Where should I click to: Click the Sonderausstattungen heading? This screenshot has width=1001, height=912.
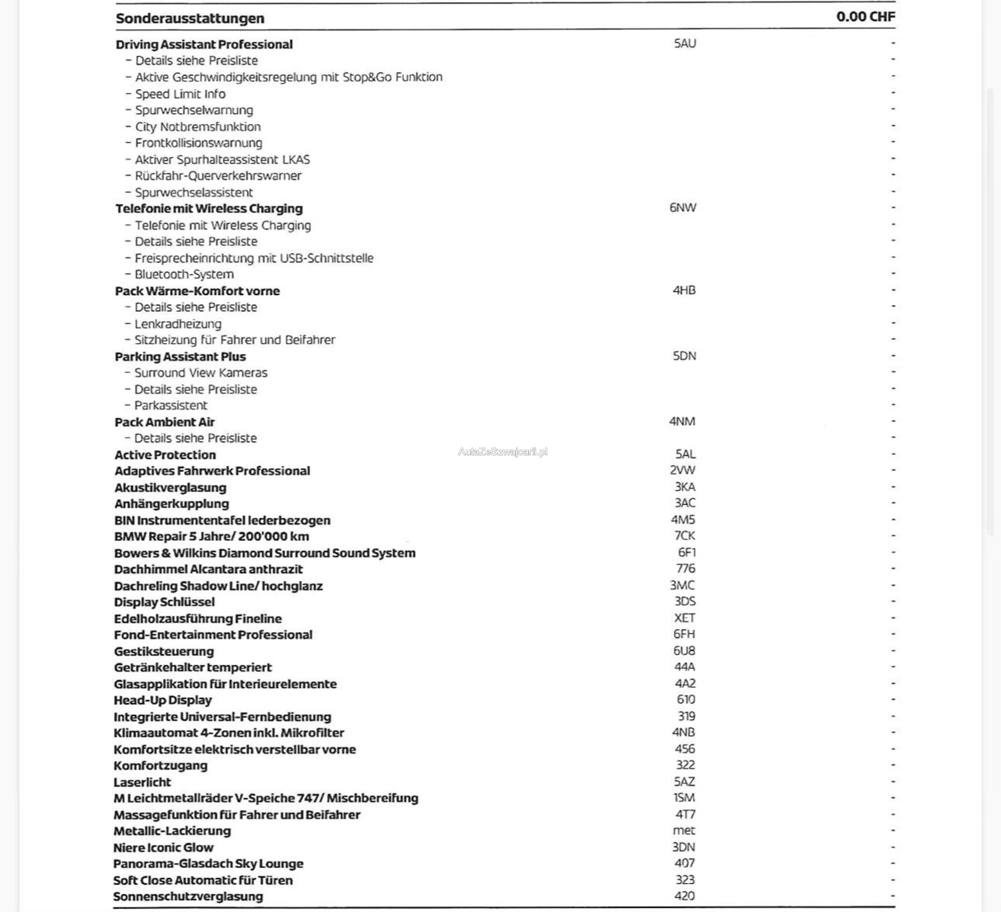190,18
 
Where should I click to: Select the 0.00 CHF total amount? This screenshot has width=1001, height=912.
865,17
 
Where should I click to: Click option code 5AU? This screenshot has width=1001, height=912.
685,44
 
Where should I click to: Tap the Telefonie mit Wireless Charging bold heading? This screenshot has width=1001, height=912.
209,209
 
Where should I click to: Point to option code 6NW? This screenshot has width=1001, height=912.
683,208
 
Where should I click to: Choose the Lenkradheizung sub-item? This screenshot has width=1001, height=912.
178,324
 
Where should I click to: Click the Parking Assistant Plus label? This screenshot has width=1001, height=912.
180,357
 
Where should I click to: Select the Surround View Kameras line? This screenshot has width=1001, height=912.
201,373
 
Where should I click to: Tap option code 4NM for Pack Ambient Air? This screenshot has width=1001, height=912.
682,422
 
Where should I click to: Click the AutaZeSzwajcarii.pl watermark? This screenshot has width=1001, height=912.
502,452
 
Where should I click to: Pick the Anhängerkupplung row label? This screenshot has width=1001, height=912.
172,504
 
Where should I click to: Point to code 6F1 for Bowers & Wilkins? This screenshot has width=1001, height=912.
687,552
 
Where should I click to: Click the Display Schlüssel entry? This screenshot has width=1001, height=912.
164,602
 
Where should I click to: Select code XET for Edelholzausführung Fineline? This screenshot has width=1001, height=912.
685,618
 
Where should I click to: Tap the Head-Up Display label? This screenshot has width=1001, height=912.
163,700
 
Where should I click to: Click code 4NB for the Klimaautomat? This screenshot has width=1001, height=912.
684,732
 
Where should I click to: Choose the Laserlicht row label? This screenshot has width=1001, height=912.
142,782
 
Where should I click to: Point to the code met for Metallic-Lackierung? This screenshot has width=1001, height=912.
684,831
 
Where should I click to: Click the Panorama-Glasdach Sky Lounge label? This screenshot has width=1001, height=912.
208,864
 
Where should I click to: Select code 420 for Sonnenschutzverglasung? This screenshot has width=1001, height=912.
685,896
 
